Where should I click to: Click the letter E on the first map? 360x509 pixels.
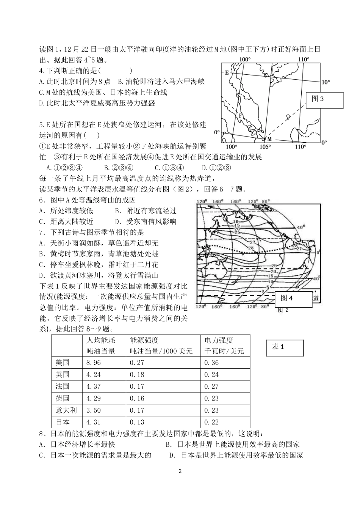227,72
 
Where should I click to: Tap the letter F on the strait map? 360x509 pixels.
239,115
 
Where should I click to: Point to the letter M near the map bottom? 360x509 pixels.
269,139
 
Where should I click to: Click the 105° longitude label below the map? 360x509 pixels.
266,147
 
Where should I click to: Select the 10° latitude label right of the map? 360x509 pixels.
325,82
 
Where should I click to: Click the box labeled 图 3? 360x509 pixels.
324,100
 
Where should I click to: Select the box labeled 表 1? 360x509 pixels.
285,347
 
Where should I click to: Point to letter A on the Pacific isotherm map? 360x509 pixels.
304,266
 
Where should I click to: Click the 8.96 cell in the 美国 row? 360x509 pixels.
94,363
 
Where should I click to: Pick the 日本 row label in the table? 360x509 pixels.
63,422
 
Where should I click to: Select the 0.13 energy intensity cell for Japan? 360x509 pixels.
137,422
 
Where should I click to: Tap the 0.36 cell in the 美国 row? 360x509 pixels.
211,363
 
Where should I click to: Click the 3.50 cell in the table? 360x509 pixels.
94,410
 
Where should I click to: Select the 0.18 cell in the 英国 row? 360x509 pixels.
137,374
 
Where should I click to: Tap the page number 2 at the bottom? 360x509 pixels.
180,471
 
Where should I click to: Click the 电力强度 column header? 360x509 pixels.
219,340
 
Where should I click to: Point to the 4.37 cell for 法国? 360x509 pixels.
94,386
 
